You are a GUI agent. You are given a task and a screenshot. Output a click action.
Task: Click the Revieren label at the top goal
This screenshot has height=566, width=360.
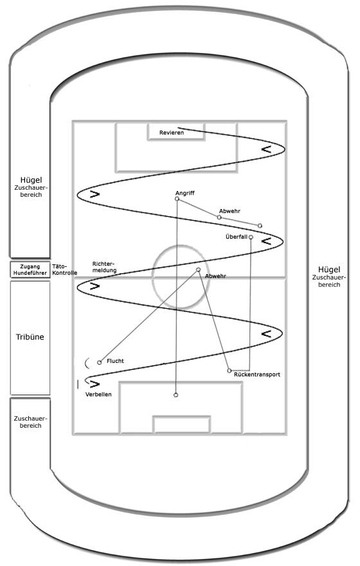172,132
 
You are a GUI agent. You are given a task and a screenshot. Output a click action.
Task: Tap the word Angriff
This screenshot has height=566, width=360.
185,193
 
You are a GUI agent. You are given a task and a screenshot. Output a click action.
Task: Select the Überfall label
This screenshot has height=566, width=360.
237,237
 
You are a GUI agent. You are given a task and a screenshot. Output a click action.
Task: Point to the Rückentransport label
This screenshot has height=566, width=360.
257,374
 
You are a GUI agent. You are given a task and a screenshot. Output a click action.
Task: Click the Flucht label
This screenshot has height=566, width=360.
115,361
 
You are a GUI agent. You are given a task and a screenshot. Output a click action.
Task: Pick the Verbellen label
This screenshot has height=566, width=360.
98,394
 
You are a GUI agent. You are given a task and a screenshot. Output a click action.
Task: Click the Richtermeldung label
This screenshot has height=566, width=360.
104,267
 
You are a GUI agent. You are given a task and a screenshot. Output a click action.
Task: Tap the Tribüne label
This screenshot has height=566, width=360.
30,337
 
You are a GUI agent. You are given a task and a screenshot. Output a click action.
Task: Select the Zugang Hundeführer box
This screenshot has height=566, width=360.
30,269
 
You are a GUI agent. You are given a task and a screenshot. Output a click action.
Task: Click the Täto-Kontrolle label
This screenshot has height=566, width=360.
64,269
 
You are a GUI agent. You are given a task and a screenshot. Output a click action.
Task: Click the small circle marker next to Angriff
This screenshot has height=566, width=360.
177,199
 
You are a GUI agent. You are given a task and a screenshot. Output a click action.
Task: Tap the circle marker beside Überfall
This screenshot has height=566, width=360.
251,237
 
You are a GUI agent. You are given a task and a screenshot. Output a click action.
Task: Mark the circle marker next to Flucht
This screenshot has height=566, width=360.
100,362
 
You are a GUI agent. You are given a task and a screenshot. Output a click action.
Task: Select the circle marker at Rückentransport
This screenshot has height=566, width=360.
230,370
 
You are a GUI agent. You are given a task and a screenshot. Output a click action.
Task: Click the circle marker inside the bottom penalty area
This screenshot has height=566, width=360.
175,395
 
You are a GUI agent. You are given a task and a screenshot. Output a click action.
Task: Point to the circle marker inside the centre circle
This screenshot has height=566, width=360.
198,269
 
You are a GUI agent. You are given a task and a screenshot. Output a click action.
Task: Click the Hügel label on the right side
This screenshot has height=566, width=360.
329,269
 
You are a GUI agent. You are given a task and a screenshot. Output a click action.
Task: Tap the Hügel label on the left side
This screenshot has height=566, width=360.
31,179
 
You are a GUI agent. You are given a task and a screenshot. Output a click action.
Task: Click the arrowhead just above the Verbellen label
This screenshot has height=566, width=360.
94,383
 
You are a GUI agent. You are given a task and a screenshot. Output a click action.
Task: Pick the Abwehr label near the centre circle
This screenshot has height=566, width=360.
215,276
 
